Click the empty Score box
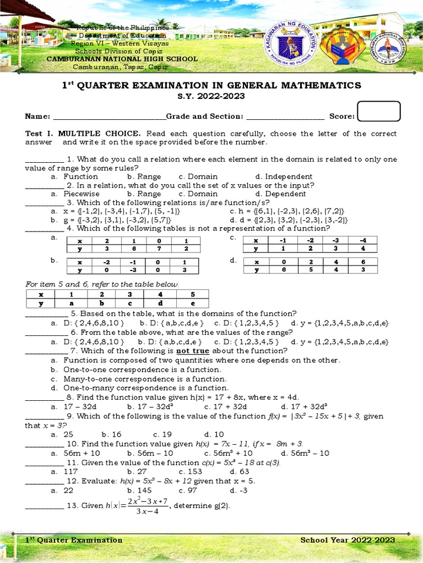[x=378, y=112]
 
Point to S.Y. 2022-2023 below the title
[x=211, y=96]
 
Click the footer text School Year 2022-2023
[x=348, y=540]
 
